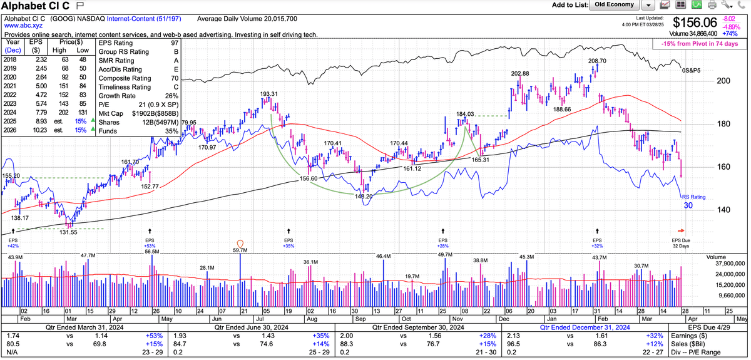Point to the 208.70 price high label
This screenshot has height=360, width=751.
(598, 61)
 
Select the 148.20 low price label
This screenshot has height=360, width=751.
(364, 196)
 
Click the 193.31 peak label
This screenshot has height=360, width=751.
(269, 94)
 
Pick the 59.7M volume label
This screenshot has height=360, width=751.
(240, 250)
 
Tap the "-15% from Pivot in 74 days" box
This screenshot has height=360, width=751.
(698, 44)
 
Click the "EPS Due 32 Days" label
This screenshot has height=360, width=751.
(681, 243)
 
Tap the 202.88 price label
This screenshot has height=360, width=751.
(519, 74)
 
